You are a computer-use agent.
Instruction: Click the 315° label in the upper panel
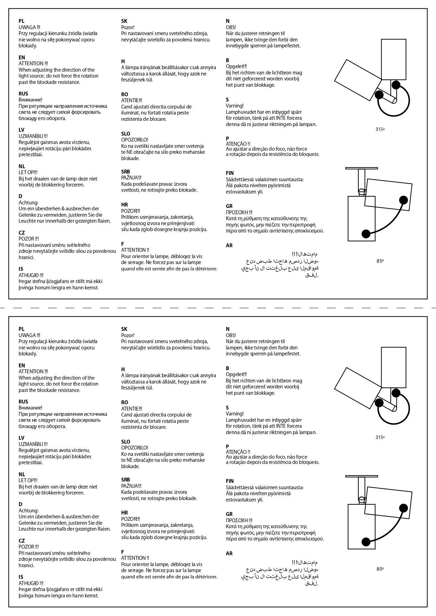click(380, 129)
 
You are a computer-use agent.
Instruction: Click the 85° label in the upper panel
click(380, 261)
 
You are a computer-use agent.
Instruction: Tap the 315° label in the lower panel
click(380, 437)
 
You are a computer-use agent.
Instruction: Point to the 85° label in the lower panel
click(380, 569)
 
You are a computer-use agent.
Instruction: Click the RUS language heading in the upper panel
click(23, 93)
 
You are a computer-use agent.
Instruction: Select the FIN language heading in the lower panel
click(230, 481)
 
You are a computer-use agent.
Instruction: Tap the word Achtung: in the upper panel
click(28, 203)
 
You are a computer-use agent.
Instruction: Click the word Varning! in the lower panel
click(235, 414)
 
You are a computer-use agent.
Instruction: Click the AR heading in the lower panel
click(229, 553)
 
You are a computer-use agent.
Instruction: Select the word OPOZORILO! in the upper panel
click(135, 140)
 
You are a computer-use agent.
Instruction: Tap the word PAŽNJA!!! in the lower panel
click(131, 486)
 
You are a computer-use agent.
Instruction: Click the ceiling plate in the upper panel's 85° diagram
click(362, 168)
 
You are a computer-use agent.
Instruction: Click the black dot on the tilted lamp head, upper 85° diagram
click(403, 200)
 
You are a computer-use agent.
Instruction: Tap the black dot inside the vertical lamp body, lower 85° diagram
click(366, 542)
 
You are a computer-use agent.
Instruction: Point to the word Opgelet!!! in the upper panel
click(236, 66)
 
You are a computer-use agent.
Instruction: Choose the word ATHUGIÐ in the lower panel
click(28, 583)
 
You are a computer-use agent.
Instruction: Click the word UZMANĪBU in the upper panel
click(31, 136)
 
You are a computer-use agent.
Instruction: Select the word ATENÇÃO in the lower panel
click(236, 452)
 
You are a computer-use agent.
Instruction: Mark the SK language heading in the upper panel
click(124, 21)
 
